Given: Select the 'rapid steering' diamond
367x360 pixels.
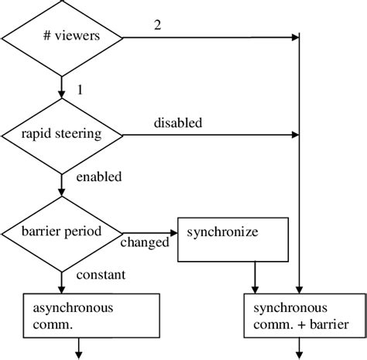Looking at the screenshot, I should pos(62,134).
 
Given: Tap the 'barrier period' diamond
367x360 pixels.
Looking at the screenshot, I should pos(62,231).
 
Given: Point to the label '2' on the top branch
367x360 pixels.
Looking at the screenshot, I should pos(158,26).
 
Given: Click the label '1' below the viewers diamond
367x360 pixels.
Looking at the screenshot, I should pos(78,90).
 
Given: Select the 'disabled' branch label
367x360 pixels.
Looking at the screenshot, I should pos(177,122).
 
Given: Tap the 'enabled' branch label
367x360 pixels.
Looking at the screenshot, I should pos(98,177).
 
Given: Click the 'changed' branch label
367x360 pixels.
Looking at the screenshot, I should pos(145,242).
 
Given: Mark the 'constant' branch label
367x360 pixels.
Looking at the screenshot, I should pos(101,274).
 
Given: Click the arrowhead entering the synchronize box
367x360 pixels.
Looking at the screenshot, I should pos(173,231).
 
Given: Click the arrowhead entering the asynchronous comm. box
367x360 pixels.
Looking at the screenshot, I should pos(62,289).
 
